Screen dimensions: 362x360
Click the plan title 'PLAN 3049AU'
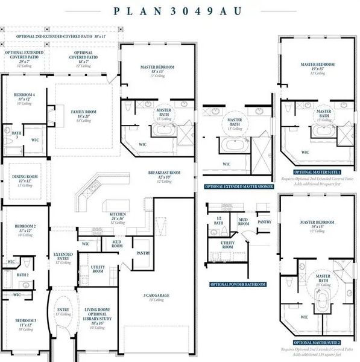(x=179, y=10)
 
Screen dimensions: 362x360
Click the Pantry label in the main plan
(x=143, y=253)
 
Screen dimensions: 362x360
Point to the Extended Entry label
(x=63, y=257)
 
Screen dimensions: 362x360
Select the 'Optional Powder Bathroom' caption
(x=237, y=284)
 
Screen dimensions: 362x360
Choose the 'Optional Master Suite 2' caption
(x=317, y=343)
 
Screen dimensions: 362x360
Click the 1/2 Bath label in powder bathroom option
(x=218, y=222)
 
